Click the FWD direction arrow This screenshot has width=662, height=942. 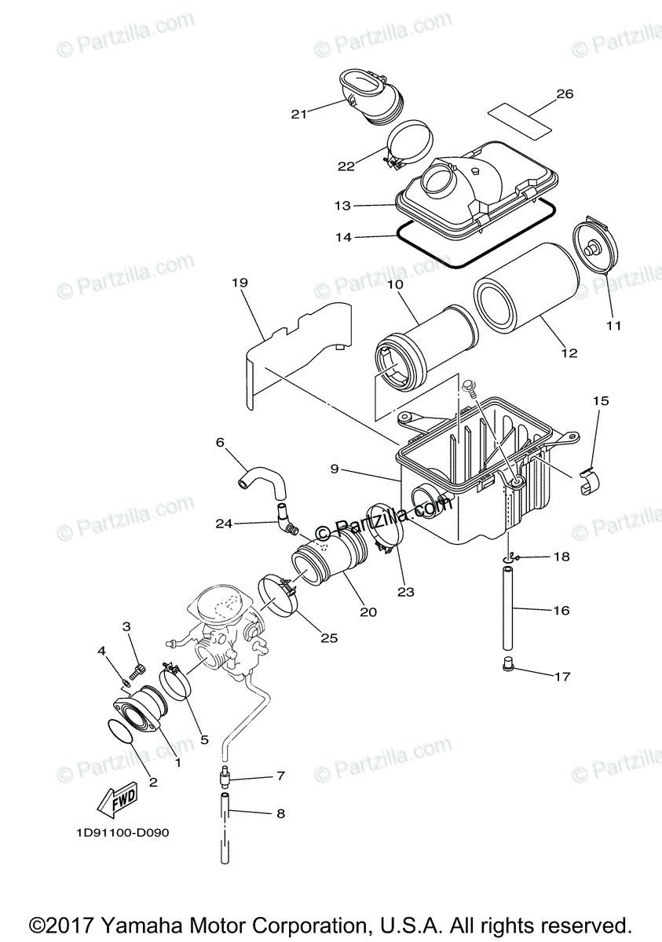click(115, 800)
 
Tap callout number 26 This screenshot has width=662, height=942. click(565, 94)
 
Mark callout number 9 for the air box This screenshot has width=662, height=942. click(335, 469)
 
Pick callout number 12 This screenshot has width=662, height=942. click(569, 353)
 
